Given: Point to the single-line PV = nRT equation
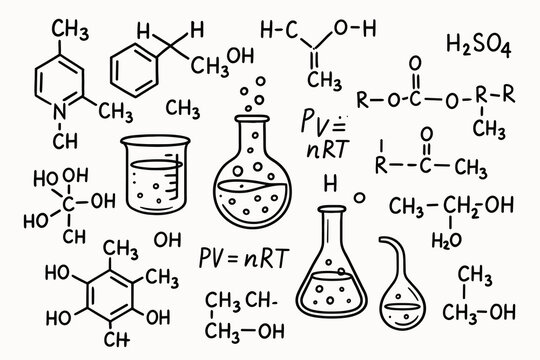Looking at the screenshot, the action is click(244, 257).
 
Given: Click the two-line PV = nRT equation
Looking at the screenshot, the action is click(322, 134).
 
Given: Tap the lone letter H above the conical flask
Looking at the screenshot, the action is click(329, 182).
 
